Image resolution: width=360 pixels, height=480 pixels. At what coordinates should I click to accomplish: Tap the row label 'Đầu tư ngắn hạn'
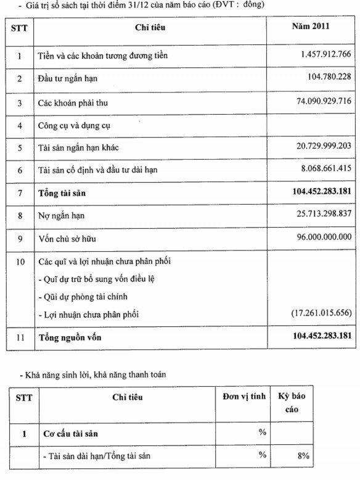coord(67,79)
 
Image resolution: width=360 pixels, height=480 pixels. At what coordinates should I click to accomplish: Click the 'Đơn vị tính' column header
coord(243,397)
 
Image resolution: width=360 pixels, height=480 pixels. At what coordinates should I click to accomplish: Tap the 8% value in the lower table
coord(301,456)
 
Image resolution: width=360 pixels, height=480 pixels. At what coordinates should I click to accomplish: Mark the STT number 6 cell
coord(20,170)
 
